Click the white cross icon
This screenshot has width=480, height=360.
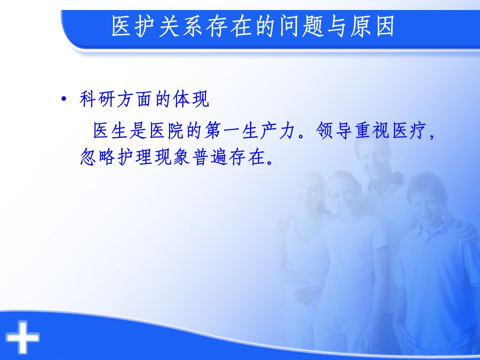pos(23,337)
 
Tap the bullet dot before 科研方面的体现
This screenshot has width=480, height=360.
pos(63,99)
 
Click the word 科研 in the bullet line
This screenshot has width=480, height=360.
pos(97,99)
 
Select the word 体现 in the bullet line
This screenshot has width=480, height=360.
pos(191,99)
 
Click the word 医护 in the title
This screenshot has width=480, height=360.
pos(134,26)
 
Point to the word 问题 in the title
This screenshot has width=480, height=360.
pos(302,26)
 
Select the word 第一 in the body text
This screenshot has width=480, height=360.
pos(222,130)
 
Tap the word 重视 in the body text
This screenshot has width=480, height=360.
pos(371,130)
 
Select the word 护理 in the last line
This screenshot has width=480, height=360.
pos(134,157)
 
